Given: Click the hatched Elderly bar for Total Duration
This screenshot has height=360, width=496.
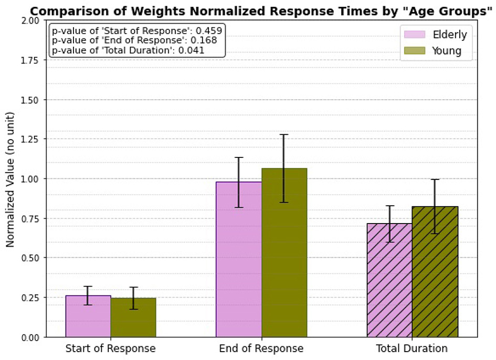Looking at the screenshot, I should [x=389, y=280].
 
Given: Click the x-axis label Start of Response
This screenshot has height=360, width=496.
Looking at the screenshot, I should [x=110, y=349].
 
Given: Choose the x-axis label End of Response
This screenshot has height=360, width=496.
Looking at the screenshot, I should [x=261, y=349].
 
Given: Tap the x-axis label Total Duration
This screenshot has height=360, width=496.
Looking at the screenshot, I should [x=411, y=349].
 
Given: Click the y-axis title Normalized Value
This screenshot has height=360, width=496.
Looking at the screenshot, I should [x=10, y=178].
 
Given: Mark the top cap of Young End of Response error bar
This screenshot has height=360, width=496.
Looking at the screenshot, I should [x=284, y=135].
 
